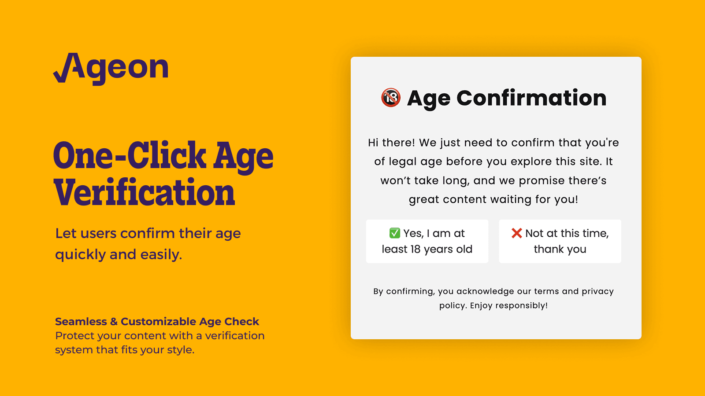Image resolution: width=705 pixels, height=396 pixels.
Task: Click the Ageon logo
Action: click(111, 68)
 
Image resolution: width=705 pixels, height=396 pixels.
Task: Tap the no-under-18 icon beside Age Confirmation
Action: click(391, 98)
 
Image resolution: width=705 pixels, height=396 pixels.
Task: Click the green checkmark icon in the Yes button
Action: click(394, 233)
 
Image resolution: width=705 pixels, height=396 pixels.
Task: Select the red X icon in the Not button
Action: click(516, 233)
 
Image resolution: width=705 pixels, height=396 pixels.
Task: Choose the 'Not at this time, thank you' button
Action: click(560, 242)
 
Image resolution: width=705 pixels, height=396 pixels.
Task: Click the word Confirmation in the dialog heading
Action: click(531, 98)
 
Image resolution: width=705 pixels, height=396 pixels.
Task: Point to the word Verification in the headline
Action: click(145, 193)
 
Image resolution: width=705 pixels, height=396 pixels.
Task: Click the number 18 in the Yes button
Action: click(416, 249)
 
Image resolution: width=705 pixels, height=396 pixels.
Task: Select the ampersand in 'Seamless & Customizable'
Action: click(114, 322)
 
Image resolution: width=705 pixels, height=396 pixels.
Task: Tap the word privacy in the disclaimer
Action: click(597, 291)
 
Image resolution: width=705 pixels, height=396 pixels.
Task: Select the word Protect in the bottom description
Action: click(74, 336)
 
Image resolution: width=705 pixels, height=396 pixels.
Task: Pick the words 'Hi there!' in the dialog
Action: click(391, 143)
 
